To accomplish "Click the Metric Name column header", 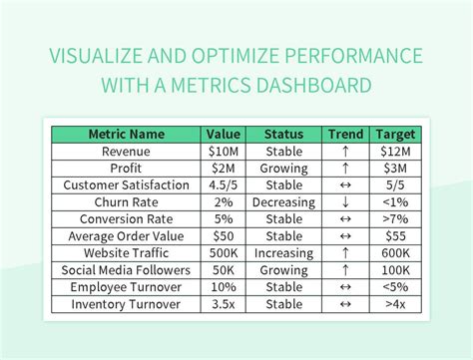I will tap(126, 134).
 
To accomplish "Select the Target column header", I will tap(396, 134).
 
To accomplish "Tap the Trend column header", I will tap(345, 134).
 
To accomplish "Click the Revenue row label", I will tap(126, 151).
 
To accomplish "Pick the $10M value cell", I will tap(225, 151).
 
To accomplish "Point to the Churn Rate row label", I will tap(126, 202).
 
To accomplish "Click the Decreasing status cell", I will tap(284, 202).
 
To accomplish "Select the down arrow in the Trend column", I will tap(345, 202).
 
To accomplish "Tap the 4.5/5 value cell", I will tap(225, 185).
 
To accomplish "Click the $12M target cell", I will tap(396, 151).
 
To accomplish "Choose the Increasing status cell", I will tap(284, 253).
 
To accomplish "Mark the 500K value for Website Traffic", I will tap(225, 253).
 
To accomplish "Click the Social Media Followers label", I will tap(126, 270).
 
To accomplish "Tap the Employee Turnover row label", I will tap(126, 287).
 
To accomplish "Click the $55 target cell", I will tap(396, 236).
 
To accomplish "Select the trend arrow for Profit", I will tap(345, 168).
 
